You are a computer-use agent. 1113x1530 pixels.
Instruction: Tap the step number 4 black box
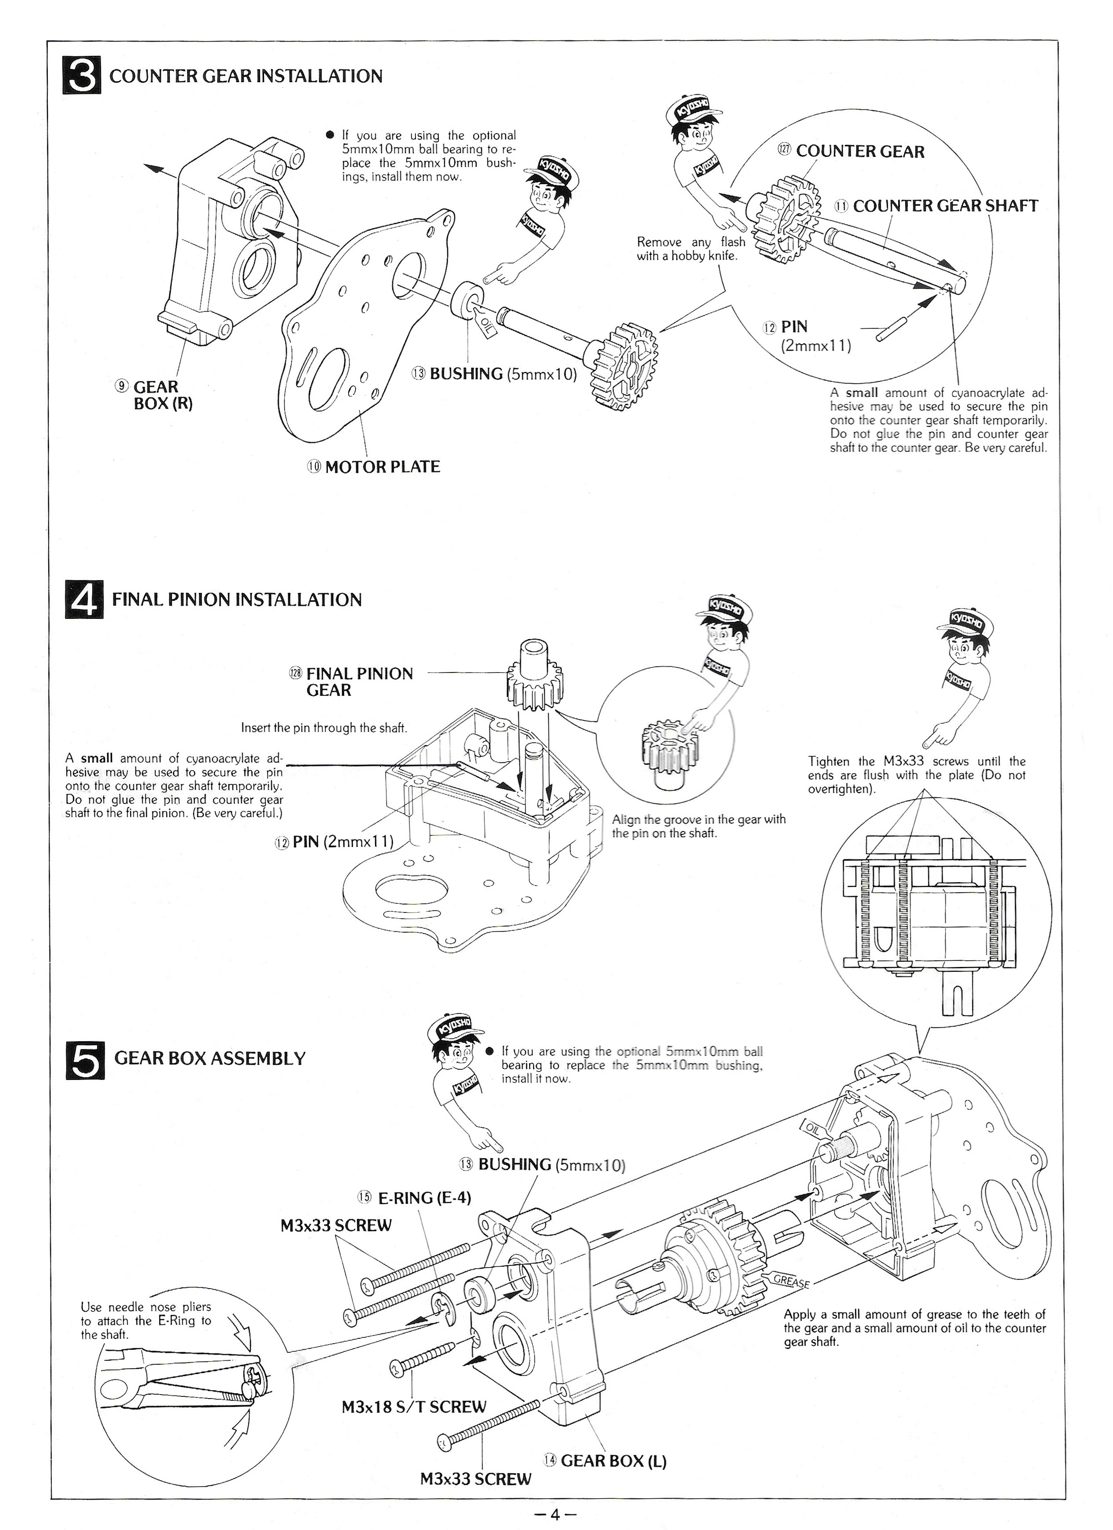tap(84, 600)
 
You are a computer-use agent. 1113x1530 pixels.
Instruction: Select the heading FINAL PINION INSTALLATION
tap(236, 600)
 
